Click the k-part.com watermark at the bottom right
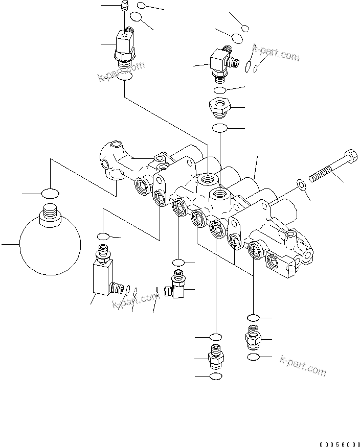pyautogui.click(x=303, y=365)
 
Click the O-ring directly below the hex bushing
pyautogui.click(x=220, y=128)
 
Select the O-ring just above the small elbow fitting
pyautogui.click(x=178, y=263)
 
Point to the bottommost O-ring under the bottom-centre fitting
pyautogui.click(x=215, y=377)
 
